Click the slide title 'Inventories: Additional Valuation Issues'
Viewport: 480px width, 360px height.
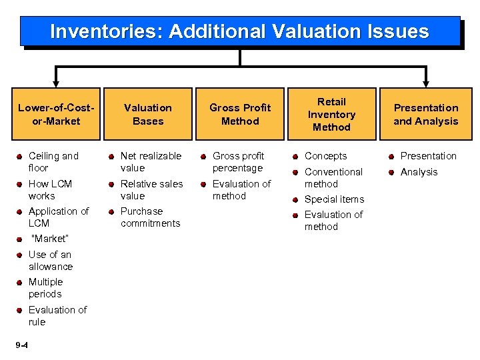tap(239, 31)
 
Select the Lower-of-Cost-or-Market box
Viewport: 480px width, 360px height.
tap(56, 114)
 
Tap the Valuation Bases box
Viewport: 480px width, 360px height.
tap(148, 114)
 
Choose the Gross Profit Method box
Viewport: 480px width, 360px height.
tap(240, 114)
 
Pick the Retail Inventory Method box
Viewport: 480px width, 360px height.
tap(331, 114)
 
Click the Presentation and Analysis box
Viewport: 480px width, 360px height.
tap(426, 114)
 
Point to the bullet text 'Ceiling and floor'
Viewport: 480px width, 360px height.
tap(53, 162)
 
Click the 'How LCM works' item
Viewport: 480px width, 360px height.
tap(50, 190)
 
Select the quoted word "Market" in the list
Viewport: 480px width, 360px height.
tap(49, 239)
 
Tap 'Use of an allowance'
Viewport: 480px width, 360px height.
tap(51, 261)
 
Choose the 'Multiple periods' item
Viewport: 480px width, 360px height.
tap(45, 288)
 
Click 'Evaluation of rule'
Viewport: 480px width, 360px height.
tap(57, 316)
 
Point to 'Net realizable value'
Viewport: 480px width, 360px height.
tap(151, 162)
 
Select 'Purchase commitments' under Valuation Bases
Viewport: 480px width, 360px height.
tap(150, 217)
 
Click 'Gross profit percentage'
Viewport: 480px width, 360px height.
tap(239, 162)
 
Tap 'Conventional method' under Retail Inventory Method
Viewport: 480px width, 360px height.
tap(333, 178)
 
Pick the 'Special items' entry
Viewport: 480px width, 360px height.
tap(334, 199)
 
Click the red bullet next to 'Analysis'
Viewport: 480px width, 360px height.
tap(392, 172)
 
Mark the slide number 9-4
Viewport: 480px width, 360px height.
tap(21, 345)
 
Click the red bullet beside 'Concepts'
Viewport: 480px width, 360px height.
tap(296, 157)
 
